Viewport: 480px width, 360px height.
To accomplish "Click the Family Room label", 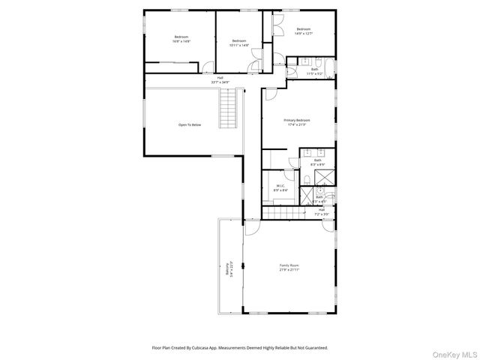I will [x=289, y=267].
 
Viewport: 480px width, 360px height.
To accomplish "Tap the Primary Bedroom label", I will [x=296, y=122].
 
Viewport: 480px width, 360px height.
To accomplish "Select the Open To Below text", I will [x=189, y=124].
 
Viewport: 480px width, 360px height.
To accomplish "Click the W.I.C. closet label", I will [x=280, y=188].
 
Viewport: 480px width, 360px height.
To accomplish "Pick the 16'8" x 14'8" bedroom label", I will [x=181, y=39].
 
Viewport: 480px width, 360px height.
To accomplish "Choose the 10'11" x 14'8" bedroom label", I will [x=239, y=43].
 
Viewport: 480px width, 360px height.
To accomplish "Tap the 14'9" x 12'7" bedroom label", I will [x=303, y=31].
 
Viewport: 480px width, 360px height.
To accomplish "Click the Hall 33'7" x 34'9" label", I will [x=220, y=79].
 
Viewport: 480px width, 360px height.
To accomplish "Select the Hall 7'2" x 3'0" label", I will [x=321, y=211].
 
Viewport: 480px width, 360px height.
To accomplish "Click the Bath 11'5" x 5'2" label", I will [x=315, y=72].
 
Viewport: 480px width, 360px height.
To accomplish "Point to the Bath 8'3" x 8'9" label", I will [x=317, y=162].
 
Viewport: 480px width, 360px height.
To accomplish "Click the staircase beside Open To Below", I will [x=229, y=109].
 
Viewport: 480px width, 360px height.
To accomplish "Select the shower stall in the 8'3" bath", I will [x=325, y=177].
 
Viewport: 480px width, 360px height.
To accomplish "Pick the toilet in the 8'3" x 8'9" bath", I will [x=307, y=178].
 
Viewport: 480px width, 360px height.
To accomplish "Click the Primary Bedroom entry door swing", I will [x=268, y=94].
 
